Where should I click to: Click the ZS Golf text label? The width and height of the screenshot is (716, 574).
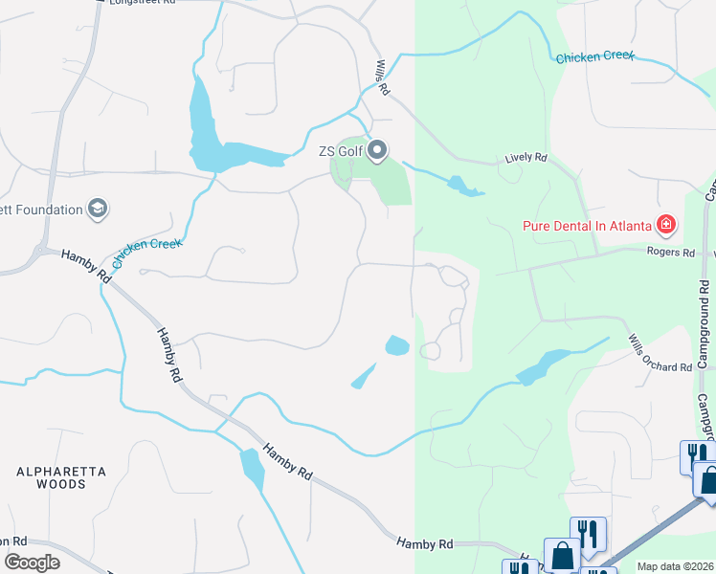340,150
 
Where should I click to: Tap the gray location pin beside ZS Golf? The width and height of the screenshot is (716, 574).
377,150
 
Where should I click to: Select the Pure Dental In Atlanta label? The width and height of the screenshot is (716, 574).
586,226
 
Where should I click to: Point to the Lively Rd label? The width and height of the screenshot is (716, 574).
526,158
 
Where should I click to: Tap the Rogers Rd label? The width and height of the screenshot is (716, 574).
674,253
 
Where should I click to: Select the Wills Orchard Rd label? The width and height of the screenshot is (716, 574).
660,355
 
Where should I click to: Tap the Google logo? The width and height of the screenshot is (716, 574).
32,562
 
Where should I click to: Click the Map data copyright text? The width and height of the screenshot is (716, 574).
675,566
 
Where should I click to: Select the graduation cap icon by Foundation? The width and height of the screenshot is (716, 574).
97,208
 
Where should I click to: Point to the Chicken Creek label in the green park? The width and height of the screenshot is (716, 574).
595,57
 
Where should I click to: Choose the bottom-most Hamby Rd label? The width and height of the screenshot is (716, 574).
425,543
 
